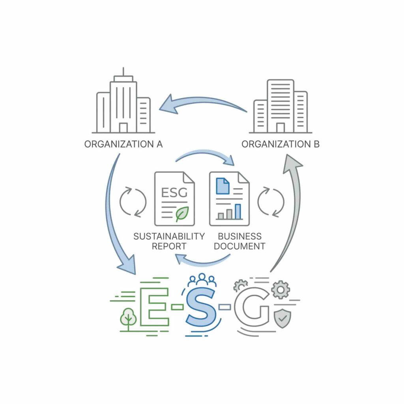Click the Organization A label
(123, 144)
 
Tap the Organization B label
(281, 144)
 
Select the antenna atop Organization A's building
(123, 72)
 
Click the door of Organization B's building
(281, 128)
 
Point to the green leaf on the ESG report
(182, 214)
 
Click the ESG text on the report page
(174, 193)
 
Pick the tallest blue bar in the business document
(238, 211)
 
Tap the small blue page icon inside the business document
(223, 186)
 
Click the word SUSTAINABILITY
(169, 236)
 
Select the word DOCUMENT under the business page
(239, 246)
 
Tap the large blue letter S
(201, 307)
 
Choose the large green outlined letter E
(154, 307)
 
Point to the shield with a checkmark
(282, 318)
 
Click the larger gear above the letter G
(281, 290)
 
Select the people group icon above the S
(202, 280)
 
